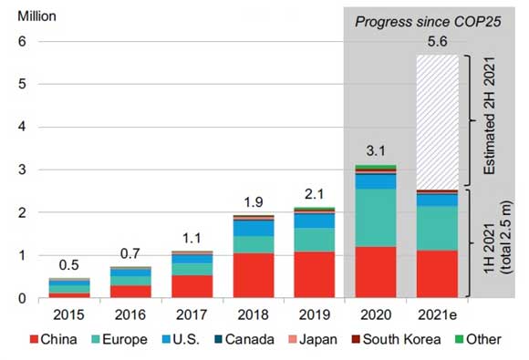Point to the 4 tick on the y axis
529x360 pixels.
pos(23,128)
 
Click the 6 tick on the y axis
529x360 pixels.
pos(23,42)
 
